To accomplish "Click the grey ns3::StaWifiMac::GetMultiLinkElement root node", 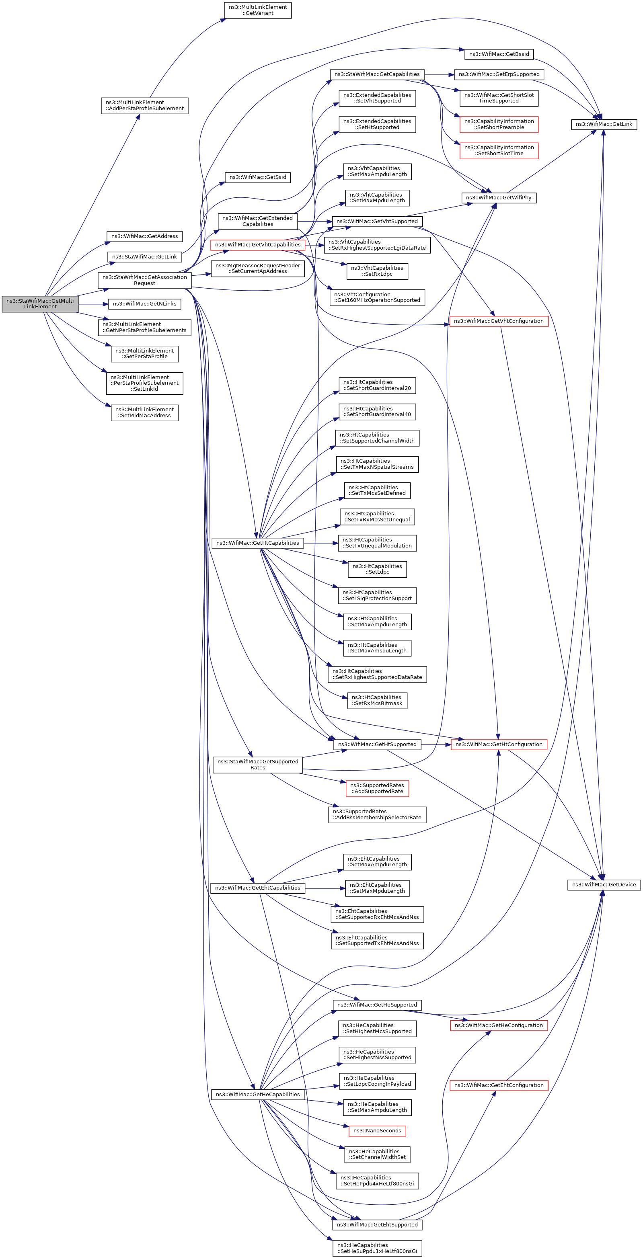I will pyautogui.click(x=40, y=303).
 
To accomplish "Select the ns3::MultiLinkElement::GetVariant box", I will pyautogui.click(x=258, y=10).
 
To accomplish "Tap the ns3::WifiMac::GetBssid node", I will pyautogui.click(x=499, y=54).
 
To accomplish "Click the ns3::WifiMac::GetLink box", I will pyautogui.click(x=604, y=124).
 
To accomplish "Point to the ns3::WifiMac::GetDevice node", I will pyautogui.click(x=604, y=885).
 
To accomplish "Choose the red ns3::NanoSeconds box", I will pyautogui.click(x=377, y=1130).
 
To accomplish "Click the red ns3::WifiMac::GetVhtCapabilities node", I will pyautogui.click(x=258, y=245).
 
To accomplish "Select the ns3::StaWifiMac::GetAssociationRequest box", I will pyautogui.click(x=144, y=280).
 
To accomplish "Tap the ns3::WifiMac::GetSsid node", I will pyautogui.click(x=258, y=177).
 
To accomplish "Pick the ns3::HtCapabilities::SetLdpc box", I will pyautogui.click(x=377, y=569).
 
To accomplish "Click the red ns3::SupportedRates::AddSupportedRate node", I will pyautogui.click(x=377, y=788).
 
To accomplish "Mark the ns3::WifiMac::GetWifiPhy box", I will pyautogui.click(x=498, y=197).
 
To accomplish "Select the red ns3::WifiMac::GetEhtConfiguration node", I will pyautogui.click(x=499, y=1085).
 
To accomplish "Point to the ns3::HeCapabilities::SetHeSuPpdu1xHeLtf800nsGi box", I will pyautogui.click(x=377, y=1248).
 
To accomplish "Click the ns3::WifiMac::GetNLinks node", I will pyautogui.click(x=144, y=304).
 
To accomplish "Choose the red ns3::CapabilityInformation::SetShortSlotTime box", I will pyautogui.click(x=499, y=150).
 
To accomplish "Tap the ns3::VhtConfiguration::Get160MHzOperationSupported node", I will pyautogui.click(x=377, y=297).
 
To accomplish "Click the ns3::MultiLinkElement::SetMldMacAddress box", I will pyautogui.click(x=144, y=412).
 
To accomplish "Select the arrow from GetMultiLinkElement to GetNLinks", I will pyautogui.click(x=93, y=304).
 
